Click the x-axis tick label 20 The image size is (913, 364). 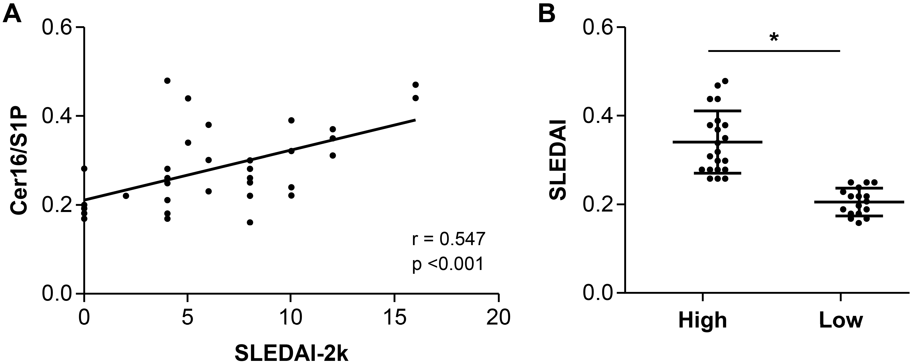[498, 317]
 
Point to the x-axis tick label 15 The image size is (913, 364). [395, 317]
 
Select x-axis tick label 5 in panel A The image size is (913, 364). [187, 317]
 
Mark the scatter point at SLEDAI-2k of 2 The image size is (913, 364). [126, 195]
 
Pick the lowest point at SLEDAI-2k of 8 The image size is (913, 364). [250, 222]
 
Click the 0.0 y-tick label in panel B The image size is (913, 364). [598, 293]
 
